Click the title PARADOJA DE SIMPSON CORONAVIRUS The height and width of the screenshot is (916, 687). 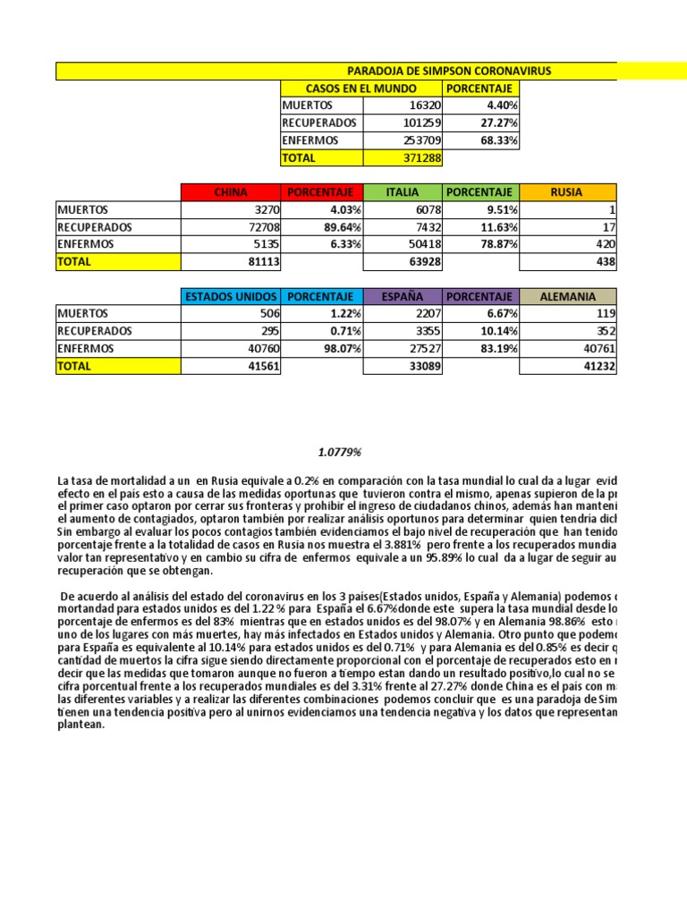pos(449,71)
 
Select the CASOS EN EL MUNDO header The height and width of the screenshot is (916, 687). pos(360,89)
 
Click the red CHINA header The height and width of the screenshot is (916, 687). pos(231,192)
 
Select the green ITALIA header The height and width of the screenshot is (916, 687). pos(402,192)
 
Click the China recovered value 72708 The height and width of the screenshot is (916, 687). pos(260,227)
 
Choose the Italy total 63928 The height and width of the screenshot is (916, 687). pos(422,262)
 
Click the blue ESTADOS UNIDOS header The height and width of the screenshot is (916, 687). pos(231,296)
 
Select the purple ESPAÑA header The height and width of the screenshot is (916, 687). pos(402,296)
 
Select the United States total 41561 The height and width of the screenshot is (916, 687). pos(260,366)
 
